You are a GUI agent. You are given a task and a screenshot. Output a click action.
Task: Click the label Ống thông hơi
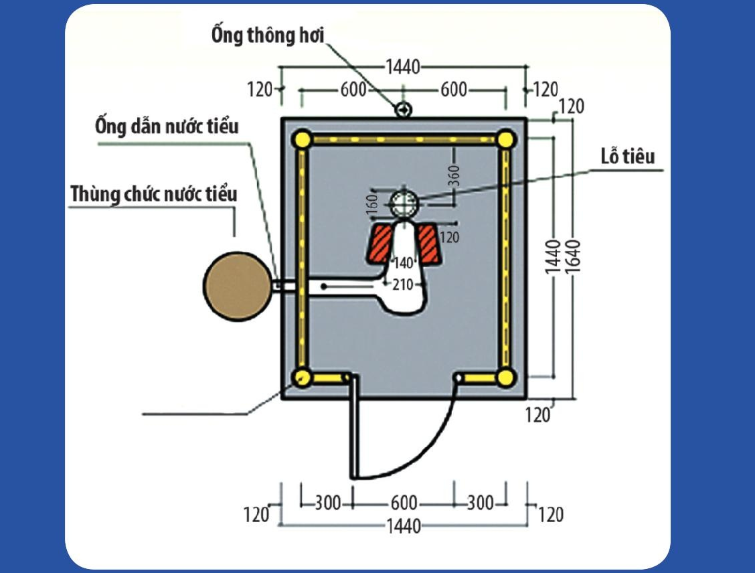[268, 35]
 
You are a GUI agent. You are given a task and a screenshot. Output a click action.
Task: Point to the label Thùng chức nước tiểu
[154, 194]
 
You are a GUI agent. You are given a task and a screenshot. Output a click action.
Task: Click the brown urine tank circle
[236, 286]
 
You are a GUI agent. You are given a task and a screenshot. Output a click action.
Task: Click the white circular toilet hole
[404, 202]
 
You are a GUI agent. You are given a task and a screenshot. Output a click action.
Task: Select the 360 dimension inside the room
[456, 175]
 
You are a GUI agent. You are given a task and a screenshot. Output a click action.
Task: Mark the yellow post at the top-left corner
[303, 140]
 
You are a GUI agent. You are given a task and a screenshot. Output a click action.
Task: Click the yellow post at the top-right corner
[506, 140]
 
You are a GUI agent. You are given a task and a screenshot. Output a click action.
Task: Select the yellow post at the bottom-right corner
[506, 378]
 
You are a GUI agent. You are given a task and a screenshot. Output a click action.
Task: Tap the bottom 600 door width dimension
[404, 503]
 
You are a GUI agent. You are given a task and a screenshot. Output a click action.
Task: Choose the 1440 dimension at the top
[402, 67]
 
